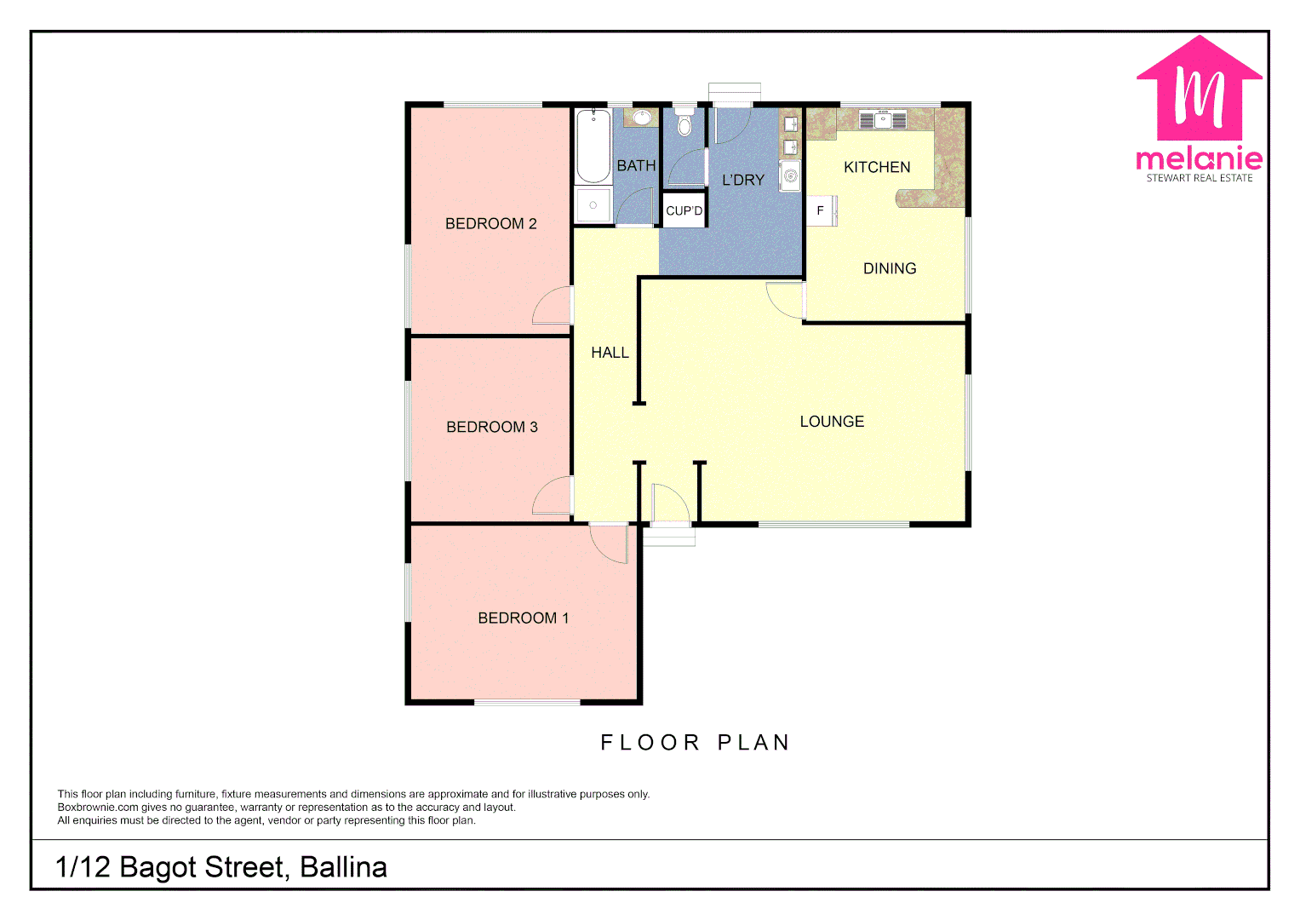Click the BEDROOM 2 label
click(x=490, y=224)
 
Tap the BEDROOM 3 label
click(x=491, y=427)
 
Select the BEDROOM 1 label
click(x=523, y=618)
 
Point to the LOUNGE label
click(x=832, y=422)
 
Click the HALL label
click(x=610, y=353)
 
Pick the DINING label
click(x=890, y=268)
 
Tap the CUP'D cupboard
click(x=684, y=210)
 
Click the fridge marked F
click(x=821, y=210)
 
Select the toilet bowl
click(x=684, y=125)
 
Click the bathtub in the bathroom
click(x=593, y=146)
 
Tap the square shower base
click(x=593, y=205)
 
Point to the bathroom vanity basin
click(x=642, y=118)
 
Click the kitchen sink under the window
click(x=883, y=120)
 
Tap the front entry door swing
click(x=669, y=504)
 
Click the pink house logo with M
click(x=1199, y=89)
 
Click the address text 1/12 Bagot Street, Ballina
click(x=221, y=867)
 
